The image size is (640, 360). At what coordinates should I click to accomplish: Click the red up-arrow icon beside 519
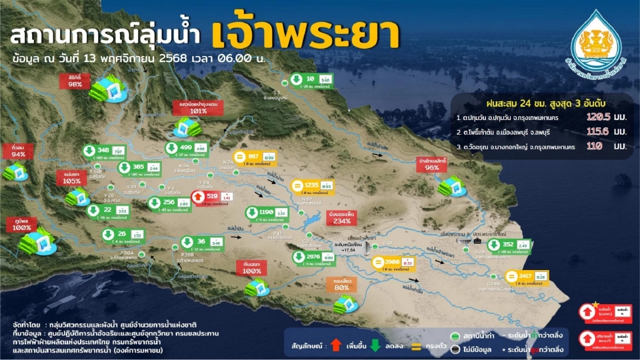pos(199,197)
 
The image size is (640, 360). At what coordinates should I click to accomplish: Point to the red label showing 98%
pos(75,81)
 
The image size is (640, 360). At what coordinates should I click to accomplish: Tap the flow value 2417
pos(526,276)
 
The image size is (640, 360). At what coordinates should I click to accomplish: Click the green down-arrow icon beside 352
pos(494,245)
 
